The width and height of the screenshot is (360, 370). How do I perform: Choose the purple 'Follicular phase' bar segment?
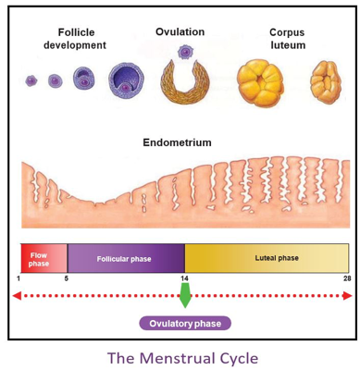coord(125,258)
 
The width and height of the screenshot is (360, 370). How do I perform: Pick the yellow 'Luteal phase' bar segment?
coord(267,258)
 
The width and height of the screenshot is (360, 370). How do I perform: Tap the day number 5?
coord(67,278)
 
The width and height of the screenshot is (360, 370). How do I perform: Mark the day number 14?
coord(185,278)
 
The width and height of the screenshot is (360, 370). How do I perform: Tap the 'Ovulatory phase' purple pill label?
coord(185,323)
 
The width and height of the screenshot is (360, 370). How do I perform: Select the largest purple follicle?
coord(126,80)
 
